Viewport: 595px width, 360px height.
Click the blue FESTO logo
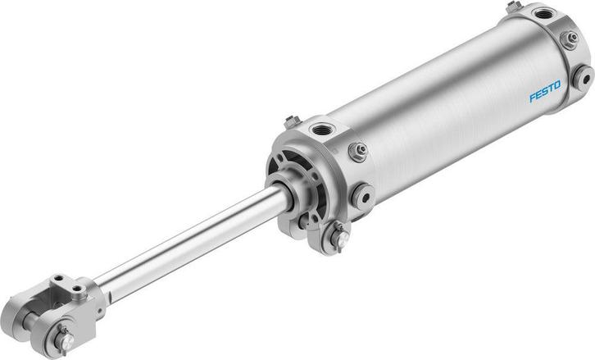pos(544,91)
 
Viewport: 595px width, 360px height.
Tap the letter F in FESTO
pos(532,98)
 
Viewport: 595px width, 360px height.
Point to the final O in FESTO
pos(557,84)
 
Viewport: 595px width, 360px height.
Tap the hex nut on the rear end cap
pos(569,39)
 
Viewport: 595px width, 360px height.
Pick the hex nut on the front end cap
pos(357,152)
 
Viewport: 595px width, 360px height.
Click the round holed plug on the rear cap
pos(582,77)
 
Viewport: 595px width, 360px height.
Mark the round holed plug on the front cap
pos(361,196)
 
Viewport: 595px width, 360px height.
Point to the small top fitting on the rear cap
pos(514,7)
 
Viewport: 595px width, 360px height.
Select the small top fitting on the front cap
pos(292,122)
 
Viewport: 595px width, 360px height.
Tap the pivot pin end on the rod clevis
pos(63,338)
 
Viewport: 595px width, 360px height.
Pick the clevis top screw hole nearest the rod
pos(79,288)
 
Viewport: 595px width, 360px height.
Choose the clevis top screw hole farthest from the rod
pos(58,282)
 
